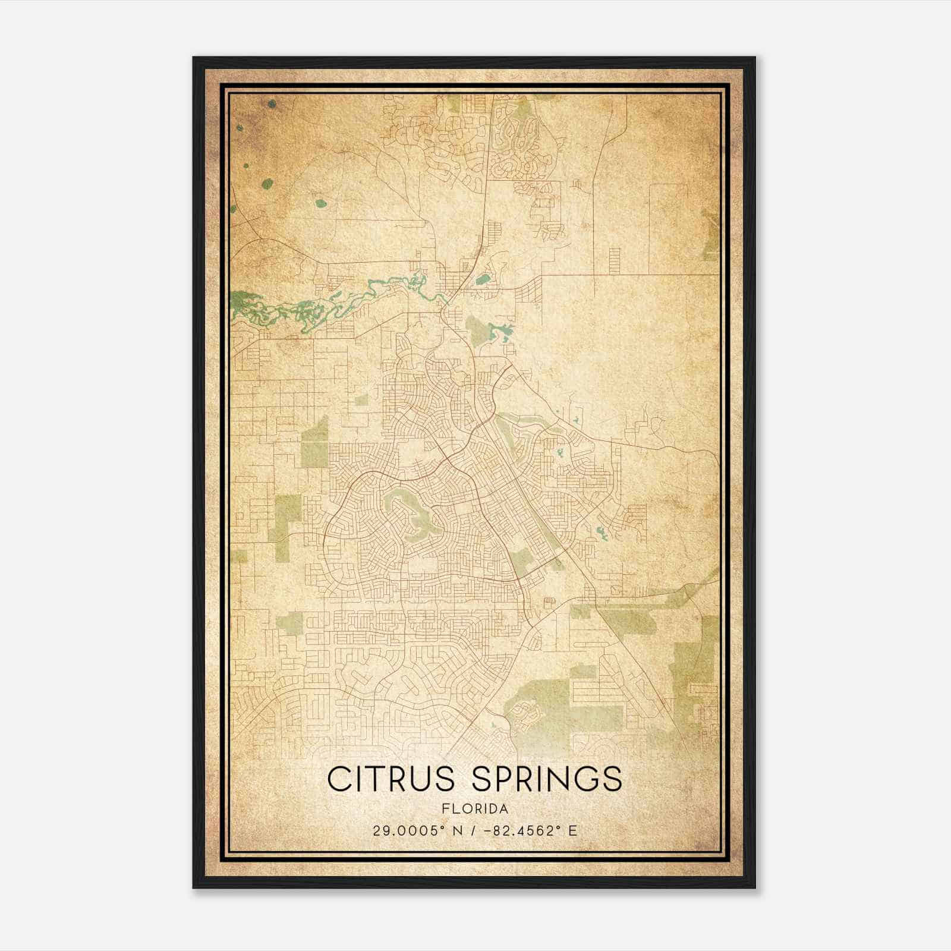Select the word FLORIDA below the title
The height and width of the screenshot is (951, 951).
475,809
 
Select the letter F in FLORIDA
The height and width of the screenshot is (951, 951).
446,809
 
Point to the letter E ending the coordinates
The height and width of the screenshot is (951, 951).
573,831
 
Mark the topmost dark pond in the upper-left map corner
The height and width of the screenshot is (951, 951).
272,104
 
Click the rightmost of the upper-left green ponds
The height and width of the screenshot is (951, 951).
321,203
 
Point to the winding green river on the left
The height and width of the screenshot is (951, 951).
279,306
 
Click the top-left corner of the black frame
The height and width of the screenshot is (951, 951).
194,58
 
